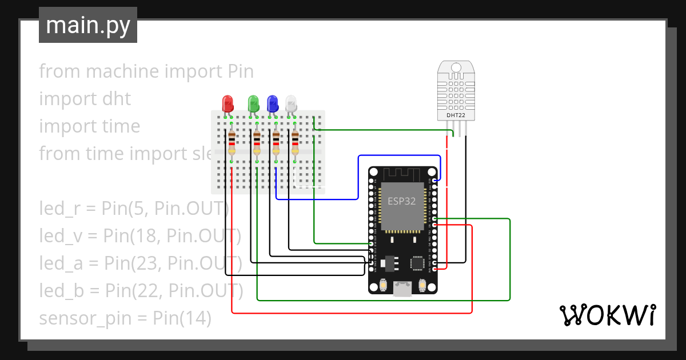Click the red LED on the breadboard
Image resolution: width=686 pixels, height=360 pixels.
pos(228,103)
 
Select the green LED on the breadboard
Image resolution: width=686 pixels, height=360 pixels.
pos(253,103)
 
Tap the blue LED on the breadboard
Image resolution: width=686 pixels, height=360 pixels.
pos(273,103)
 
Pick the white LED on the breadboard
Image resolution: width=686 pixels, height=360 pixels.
pos(292,103)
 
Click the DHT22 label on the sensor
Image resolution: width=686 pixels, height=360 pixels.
pos(456,115)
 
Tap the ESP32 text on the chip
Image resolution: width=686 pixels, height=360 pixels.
pos(402,201)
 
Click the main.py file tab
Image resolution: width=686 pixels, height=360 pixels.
pos(88,25)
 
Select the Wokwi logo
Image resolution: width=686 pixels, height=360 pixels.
pos(607,315)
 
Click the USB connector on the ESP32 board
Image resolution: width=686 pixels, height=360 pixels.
pos(402,289)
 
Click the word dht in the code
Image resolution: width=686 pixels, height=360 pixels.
pos(113,99)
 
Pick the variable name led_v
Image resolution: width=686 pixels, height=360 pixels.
pos(58,235)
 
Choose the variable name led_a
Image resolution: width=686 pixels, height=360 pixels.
pos(58,263)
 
